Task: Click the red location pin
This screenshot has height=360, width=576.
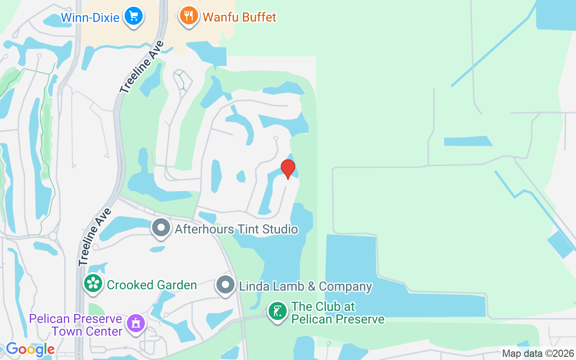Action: point(288,169)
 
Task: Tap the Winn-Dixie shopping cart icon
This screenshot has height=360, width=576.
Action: point(133,16)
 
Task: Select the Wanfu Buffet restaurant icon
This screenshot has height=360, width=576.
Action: point(189,16)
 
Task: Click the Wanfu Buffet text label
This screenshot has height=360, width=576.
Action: point(239,18)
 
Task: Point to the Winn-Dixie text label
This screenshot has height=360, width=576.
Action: point(90,18)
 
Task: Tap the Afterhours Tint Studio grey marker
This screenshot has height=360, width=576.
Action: point(161,228)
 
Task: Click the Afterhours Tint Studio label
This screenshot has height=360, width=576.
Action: point(236,229)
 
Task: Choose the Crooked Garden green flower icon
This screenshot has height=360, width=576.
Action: point(93,283)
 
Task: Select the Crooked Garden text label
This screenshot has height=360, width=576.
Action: point(152,285)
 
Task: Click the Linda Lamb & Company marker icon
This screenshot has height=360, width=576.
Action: point(225,284)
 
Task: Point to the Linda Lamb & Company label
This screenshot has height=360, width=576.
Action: point(306,286)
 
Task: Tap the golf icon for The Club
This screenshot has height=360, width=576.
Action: point(278,311)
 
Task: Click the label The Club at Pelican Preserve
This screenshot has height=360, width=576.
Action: point(337,313)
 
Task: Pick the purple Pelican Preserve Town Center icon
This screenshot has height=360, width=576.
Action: point(136,323)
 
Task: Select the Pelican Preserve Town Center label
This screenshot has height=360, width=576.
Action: point(76,325)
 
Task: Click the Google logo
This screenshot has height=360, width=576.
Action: point(30,349)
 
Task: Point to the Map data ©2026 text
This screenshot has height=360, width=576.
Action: point(538,354)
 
